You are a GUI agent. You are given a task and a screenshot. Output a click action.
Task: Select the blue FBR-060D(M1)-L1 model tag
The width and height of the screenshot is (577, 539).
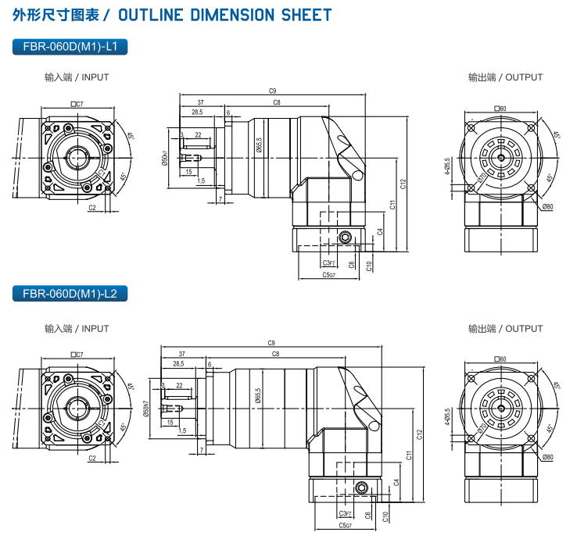[x=70, y=47]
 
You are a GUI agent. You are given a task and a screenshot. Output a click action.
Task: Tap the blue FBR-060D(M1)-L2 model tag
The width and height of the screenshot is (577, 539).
[x=70, y=294]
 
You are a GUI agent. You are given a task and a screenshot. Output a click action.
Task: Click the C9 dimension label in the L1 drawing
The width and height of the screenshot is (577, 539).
[x=271, y=91]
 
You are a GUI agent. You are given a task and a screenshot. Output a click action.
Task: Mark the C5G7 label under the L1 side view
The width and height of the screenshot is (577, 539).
[x=328, y=275]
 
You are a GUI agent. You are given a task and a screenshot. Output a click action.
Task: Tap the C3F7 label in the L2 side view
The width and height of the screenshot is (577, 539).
[x=344, y=513]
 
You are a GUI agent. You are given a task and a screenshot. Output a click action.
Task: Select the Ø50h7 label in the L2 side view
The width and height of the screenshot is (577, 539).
[x=146, y=407]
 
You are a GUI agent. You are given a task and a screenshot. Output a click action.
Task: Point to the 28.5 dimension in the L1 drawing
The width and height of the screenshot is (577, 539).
[x=197, y=112]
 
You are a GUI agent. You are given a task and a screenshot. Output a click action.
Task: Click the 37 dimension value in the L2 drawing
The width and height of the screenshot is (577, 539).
[x=181, y=354]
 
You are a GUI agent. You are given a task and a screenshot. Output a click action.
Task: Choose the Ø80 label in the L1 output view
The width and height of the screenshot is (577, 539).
[x=547, y=207]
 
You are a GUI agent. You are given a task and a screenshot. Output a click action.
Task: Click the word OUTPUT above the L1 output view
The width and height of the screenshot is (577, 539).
[x=524, y=77]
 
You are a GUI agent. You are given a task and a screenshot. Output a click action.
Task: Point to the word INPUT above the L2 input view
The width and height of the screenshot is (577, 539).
[x=95, y=329]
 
